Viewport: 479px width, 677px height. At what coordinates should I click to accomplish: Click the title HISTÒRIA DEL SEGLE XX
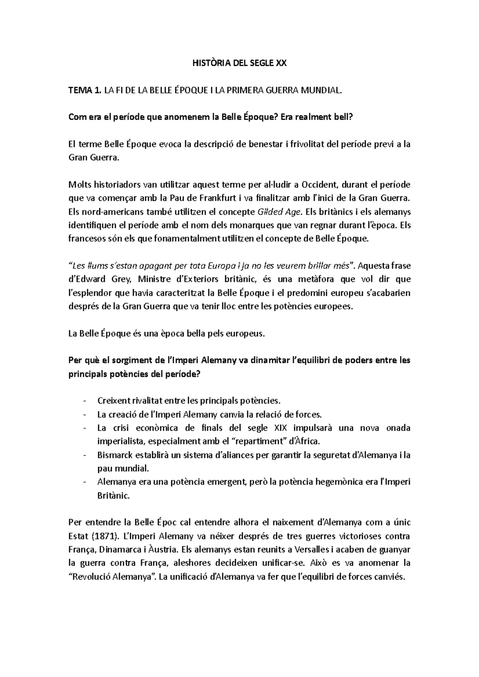click(239, 63)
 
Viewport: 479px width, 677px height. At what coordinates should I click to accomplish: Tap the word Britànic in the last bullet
click(113, 496)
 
